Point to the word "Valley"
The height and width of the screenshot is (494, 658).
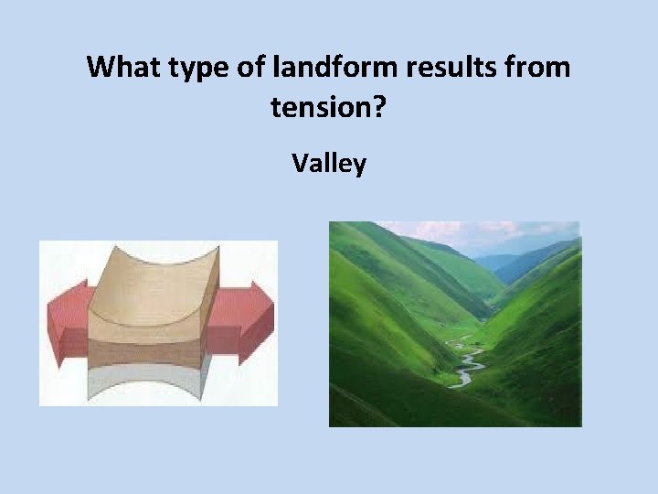coord(329,164)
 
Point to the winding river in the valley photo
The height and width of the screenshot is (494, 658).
coord(466,361)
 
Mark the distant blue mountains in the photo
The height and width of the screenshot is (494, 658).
coord(521,261)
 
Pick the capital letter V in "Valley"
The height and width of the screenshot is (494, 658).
coord(300,164)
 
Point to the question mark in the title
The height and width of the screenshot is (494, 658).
coord(380,109)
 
